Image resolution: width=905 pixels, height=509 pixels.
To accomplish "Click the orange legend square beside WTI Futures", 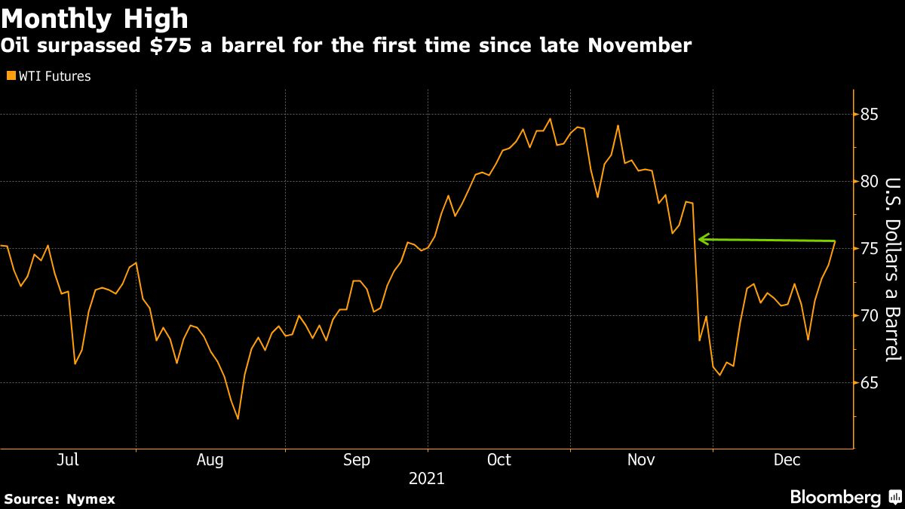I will coord(10,76).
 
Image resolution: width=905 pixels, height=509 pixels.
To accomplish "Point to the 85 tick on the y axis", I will coord(869,115).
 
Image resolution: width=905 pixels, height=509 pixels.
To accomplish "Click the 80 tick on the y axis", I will coord(869,182).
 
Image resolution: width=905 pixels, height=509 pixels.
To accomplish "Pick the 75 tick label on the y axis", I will coord(869,249).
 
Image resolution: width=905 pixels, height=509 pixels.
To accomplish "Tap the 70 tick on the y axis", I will coord(869,315).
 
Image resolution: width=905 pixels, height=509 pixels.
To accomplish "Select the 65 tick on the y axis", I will coord(869,382).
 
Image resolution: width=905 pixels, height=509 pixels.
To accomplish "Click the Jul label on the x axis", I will coord(68,460).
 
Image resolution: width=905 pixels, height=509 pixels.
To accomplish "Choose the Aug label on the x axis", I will coord(210,460).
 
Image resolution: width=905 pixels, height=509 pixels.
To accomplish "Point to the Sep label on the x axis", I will coord(356,460).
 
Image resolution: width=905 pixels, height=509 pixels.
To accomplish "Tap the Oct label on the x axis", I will coord(499,460).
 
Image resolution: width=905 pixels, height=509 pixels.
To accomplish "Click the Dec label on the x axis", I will coord(786,460).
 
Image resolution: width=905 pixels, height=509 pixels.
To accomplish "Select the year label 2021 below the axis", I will coord(426,479).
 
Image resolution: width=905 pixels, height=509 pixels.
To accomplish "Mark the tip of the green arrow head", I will coord(699,239).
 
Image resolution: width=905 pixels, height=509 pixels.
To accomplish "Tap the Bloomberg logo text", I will coord(835,498).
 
